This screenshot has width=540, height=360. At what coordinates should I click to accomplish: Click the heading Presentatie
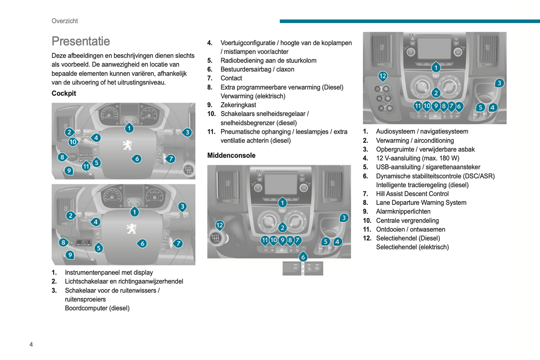coord(81,41)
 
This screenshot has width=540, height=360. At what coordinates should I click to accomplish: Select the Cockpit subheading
coord(64,93)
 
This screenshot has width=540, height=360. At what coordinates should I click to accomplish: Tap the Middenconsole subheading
coord(231,156)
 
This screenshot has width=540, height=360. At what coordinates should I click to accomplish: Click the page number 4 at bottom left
coord(31,344)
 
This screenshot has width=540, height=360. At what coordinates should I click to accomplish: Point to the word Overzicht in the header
coord(65,21)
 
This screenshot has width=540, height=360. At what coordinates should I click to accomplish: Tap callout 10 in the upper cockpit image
coord(73,142)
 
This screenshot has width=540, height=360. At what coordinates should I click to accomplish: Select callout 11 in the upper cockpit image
coord(86,166)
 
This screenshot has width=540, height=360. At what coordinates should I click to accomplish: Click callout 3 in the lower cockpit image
coord(182,206)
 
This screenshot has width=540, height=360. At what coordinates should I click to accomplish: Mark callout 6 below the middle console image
coord(303,257)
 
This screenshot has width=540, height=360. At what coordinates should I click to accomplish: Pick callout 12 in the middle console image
coord(220,225)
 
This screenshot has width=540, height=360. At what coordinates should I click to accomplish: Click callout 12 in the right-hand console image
coord(382,76)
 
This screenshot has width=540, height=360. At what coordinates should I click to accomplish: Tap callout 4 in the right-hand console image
coord(493,108)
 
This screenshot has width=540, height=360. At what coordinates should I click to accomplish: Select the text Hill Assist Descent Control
coord(412,194)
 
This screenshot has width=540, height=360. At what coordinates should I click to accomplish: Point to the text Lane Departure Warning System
coord(421,203)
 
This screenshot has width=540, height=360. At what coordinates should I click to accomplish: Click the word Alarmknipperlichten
coord(403,212)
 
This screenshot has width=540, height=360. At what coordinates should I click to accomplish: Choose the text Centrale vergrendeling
coord(407,221)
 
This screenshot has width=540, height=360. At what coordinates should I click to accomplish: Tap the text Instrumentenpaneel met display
coord(109,273)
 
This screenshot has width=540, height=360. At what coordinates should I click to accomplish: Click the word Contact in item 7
coord(231,78)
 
